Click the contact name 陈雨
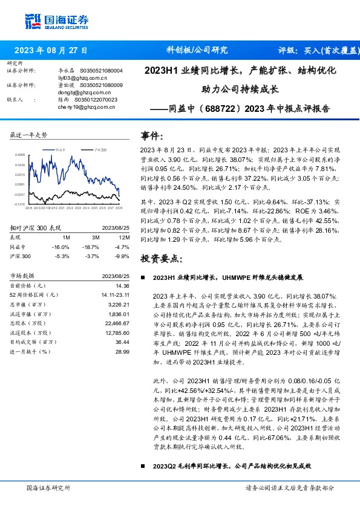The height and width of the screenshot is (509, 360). tap(64, 99)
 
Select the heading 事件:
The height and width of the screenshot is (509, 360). tap(152, 135)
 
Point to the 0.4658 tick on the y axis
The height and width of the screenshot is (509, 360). tap(20, 155)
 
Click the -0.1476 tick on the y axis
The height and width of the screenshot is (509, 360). tap(20, 204)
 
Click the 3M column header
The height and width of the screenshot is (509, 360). tap(93, 238)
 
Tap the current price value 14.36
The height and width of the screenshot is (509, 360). tap(122, 285)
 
